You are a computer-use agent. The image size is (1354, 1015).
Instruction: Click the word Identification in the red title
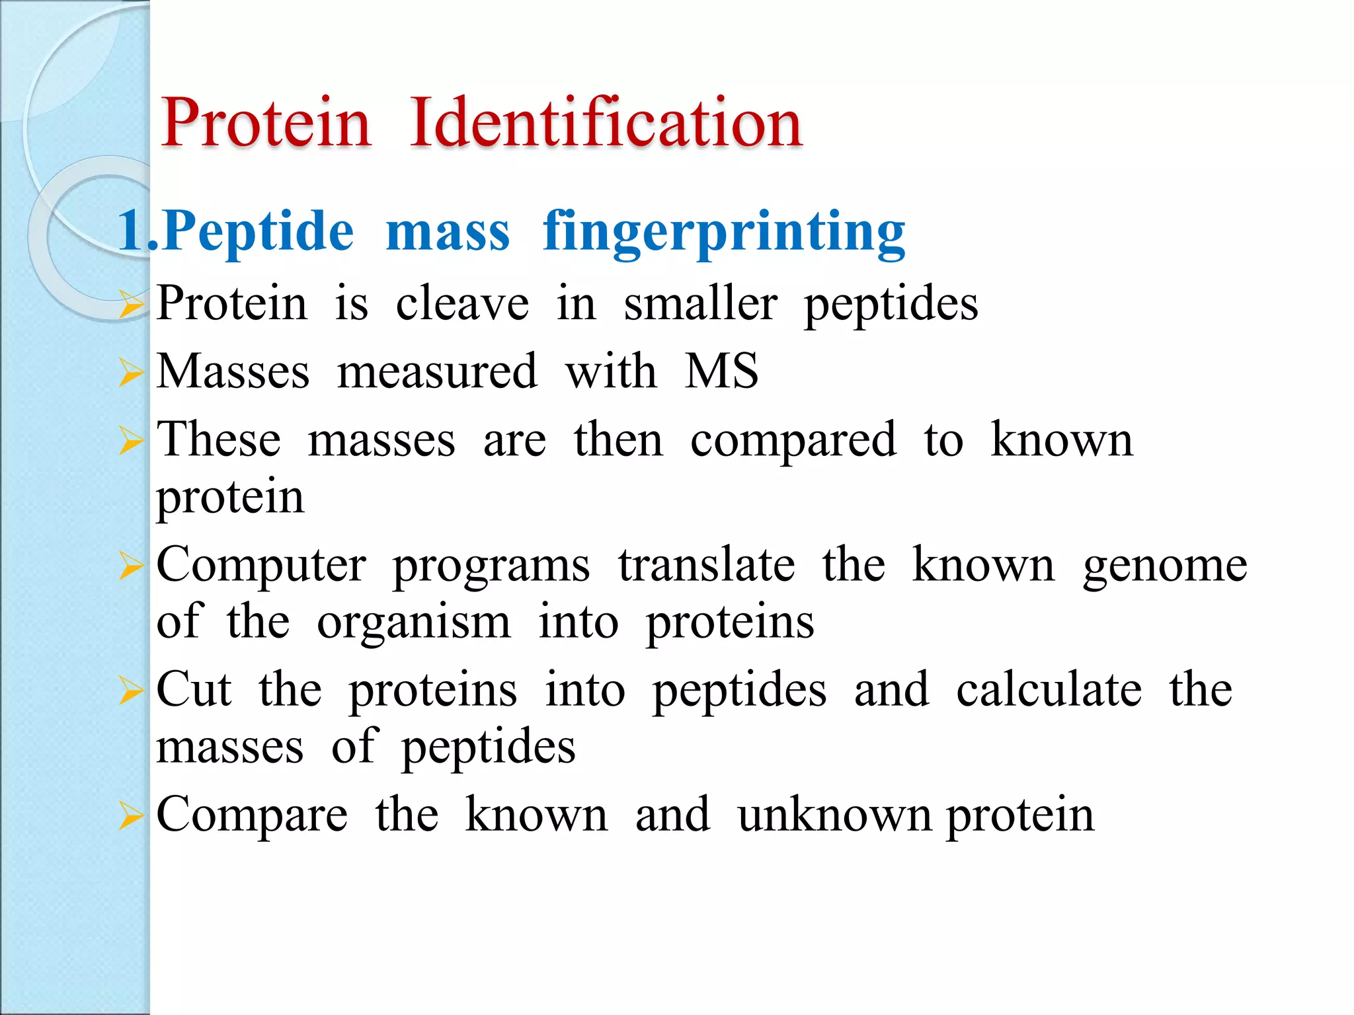[x=606, y=122]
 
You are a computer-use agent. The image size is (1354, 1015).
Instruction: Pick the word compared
[x=793, y=441]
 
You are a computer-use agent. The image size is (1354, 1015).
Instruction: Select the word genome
[x=1165, y=566]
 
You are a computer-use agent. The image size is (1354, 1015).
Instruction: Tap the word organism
[x=414, y=622]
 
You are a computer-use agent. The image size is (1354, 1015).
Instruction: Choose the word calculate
[x=1049, y=690]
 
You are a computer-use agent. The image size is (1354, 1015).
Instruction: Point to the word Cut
[x=194, y=690]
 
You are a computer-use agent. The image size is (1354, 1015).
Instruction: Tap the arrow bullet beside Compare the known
[x=131, y=817]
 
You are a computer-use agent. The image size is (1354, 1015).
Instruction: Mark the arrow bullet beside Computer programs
[x=131, y=566]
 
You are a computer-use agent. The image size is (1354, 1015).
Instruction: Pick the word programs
[x=491, y=566]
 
